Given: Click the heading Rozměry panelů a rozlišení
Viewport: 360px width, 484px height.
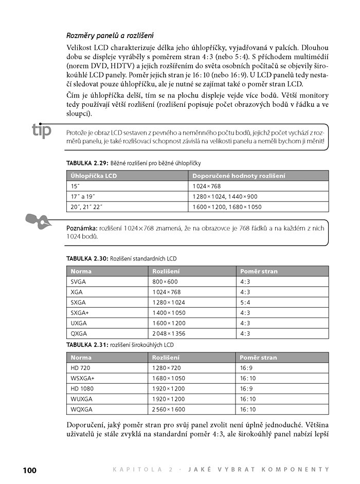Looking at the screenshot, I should coord(111,35).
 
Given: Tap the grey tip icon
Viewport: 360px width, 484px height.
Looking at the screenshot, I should coord(42,131).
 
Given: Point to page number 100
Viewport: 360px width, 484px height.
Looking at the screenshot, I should coord(29,469).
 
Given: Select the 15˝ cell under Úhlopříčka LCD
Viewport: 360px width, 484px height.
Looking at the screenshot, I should coord(76,186).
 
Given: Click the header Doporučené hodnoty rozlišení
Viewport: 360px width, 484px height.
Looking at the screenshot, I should coord(239,176).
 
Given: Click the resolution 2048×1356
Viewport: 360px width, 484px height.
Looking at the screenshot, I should coord(169,333).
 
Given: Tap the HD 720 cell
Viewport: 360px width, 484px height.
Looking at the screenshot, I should coord(81,368).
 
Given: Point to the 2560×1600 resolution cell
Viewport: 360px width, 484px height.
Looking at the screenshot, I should coord(169,409).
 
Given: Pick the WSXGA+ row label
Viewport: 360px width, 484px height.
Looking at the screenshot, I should coord(83,378).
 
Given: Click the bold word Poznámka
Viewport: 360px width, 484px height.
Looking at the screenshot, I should coord(82,227).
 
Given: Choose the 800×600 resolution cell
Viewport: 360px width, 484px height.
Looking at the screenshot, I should coord(165,282).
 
